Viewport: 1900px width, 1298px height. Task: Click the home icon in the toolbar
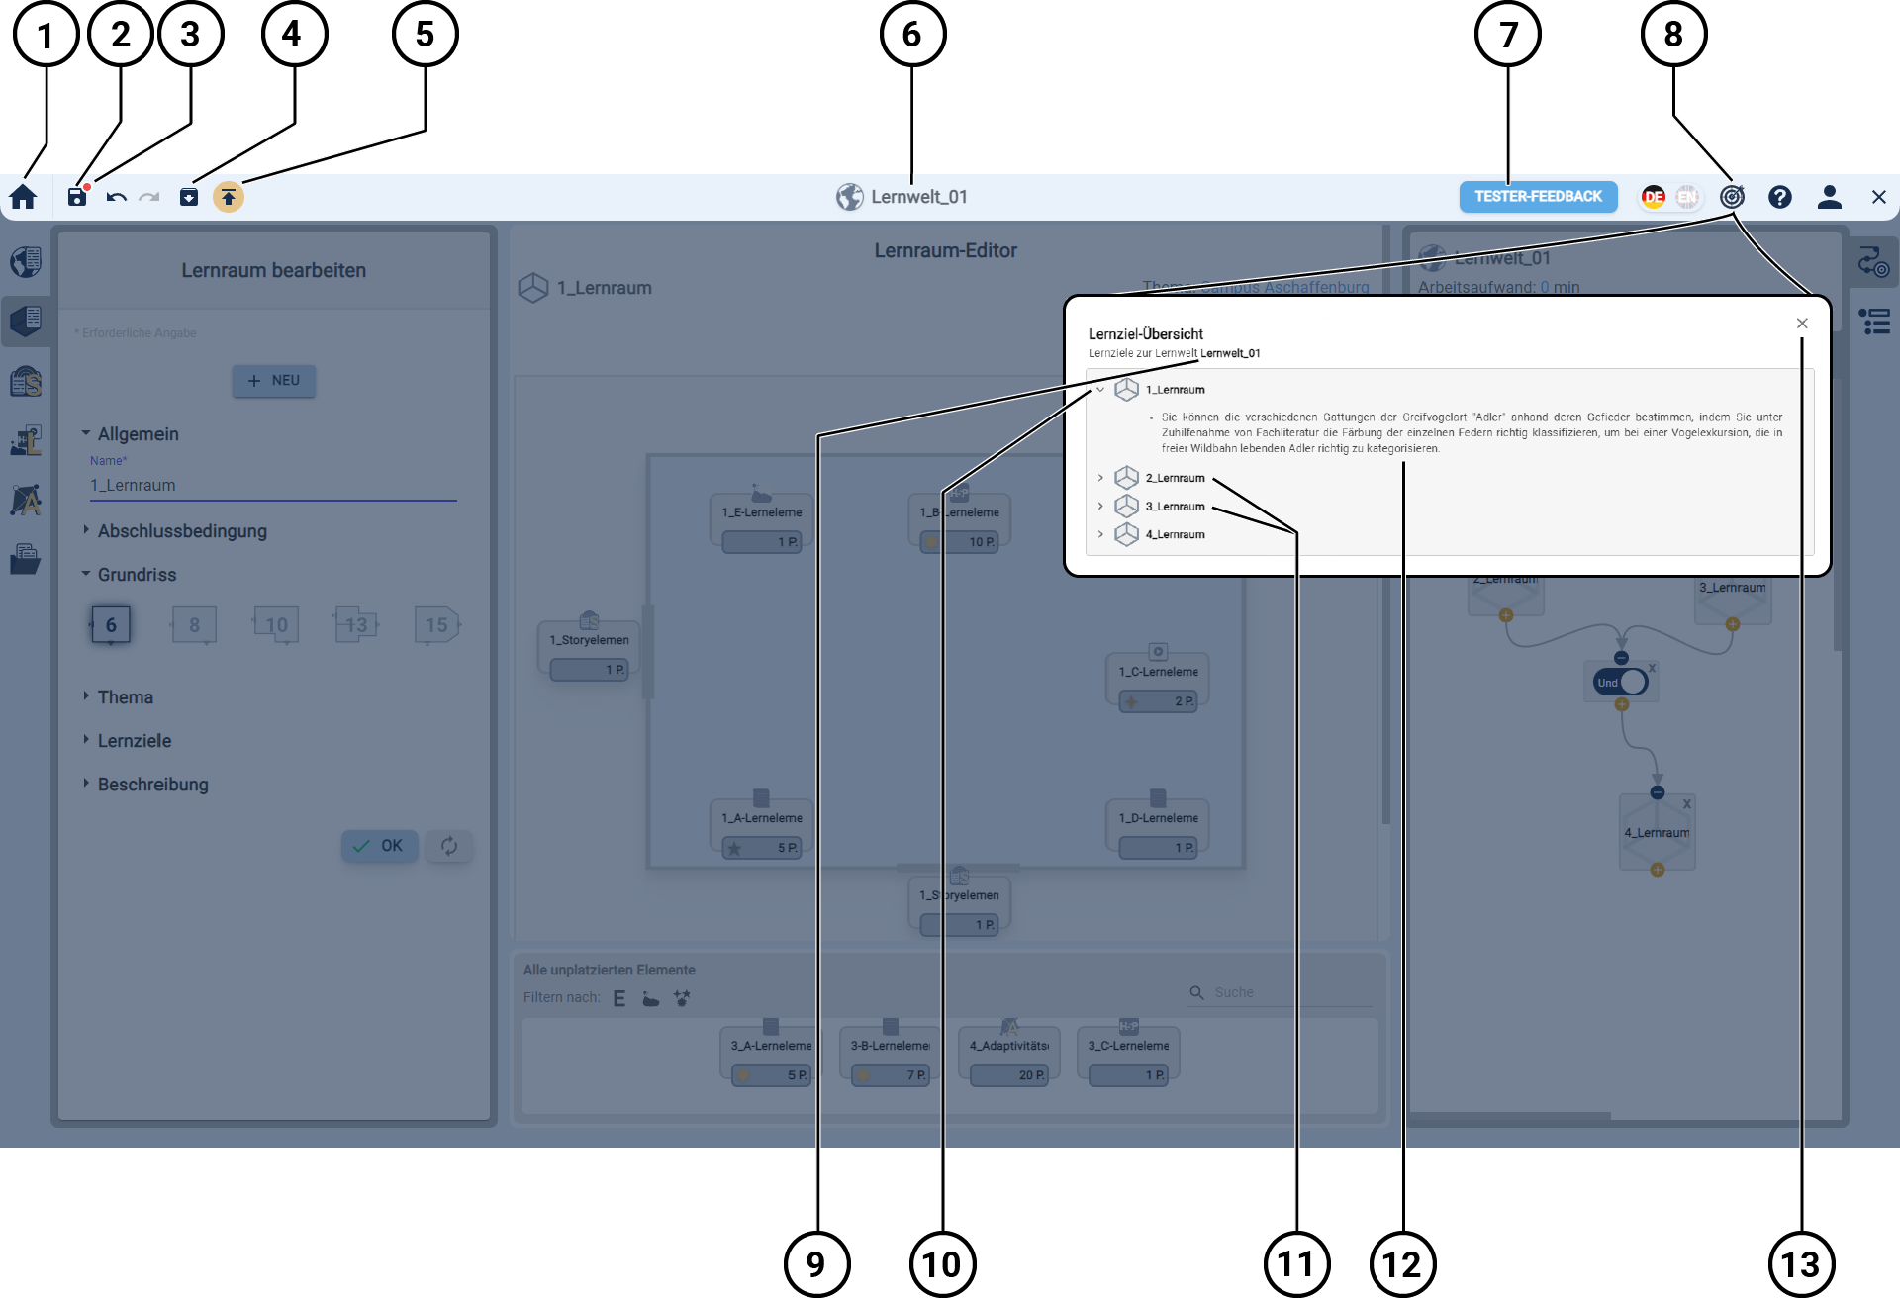click(x=24, y=197)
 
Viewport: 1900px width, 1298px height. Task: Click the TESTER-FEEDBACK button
click(x=1538, y=197)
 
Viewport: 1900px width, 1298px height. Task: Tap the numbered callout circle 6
click(x=912, y=35)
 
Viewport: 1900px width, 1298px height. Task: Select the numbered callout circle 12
click(x=1402, y=1263)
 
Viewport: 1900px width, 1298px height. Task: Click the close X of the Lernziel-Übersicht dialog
click(x=1802, y=324)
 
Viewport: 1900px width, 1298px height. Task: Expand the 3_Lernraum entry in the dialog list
click(x=1100, y=507)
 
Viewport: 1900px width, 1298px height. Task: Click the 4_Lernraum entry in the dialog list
click(x=1175, y=535)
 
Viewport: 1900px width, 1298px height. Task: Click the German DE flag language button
click(x=1654, y=197)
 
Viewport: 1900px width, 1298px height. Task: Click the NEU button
click(x=274, y=381)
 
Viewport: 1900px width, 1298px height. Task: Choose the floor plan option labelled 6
click(x=111, y=625)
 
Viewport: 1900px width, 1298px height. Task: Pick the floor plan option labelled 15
click(x=436, y=625)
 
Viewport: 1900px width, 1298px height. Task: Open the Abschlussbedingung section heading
click(x=182, y=531)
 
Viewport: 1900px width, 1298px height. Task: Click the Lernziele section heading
click(x=135, y=741)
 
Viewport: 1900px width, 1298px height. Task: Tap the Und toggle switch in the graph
click(x=1621, y=683)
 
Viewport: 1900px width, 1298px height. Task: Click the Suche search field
click(x=1286, y=992)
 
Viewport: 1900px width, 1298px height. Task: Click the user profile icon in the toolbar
click(x=1830, y=197)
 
